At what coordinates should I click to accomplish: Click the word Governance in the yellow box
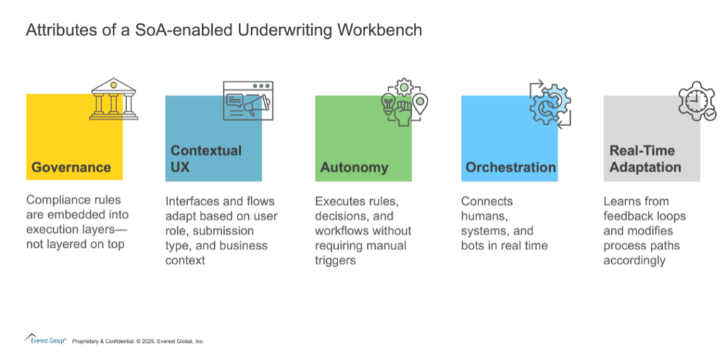(x=71, y=168)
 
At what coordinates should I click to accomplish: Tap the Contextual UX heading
(x=206, y=159)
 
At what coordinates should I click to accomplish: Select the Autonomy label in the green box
(x=354, y=168)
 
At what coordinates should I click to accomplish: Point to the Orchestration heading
(x=510, y=168)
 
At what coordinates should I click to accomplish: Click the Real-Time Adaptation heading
(x=644, y=159)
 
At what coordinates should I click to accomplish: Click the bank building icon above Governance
(x=113, y=100)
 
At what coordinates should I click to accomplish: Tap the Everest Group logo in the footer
(x=45, y=339)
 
